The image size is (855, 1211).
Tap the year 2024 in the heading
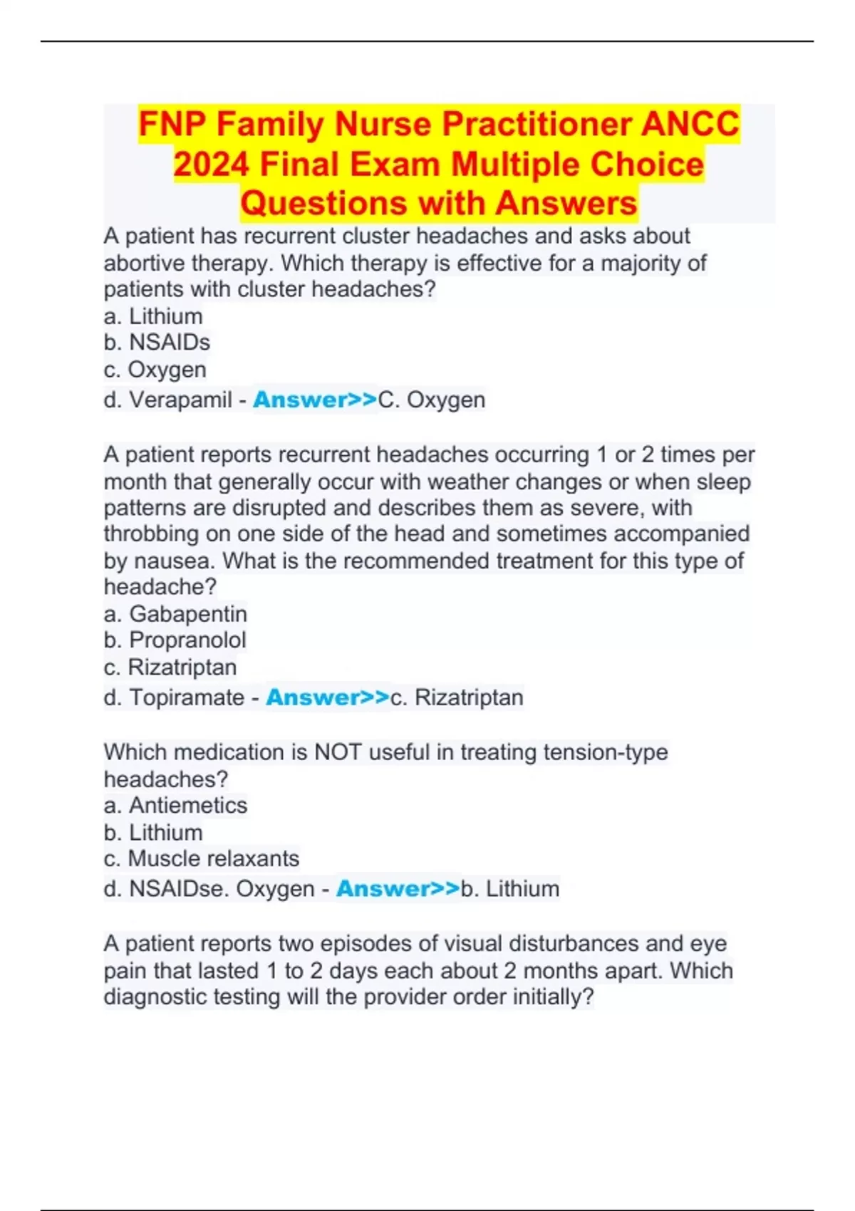(211, 165)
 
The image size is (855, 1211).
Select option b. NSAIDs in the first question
(157, 343)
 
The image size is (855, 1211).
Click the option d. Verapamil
(167, 400)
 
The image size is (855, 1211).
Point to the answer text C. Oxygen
(432, 400)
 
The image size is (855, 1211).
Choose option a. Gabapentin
(175, 614)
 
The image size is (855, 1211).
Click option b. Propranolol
(175, 640)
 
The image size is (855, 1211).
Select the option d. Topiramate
(174, 697)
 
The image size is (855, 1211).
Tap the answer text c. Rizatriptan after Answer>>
(457, 697)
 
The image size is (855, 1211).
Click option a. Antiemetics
(175, 806)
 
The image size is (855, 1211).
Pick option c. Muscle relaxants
(201, 859)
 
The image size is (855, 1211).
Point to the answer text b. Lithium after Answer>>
(510, 889)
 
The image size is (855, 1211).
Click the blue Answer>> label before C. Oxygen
(315, 400)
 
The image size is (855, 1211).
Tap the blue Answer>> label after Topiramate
(328, 697)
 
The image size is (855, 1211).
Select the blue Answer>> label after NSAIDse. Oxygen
(398, 889)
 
